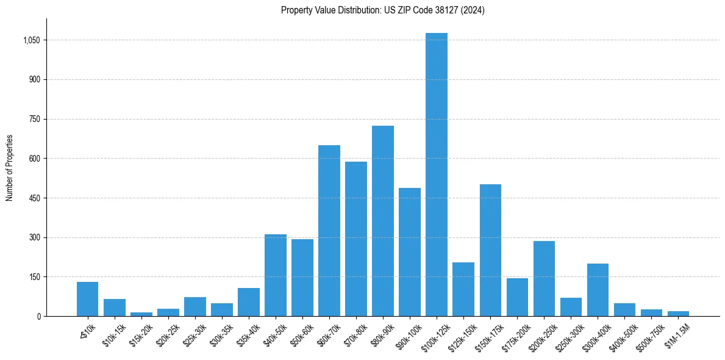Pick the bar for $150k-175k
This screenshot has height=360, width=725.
click(x=490, y=250)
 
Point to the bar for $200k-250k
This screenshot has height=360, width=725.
click(x=544, y=278)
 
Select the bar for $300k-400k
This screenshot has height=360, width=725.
click(x=598, y=290)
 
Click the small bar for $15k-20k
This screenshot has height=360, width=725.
click(x=141, y=314)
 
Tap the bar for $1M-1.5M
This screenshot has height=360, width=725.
click(x=678, y=314)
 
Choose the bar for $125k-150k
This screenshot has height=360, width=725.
click(x=463, y=289)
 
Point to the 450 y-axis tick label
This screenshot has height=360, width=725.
click(x=35, y=198)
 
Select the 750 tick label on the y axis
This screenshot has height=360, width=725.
click(x=35, y=119)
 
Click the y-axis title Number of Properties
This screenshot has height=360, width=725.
click(x=10, y=168)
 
